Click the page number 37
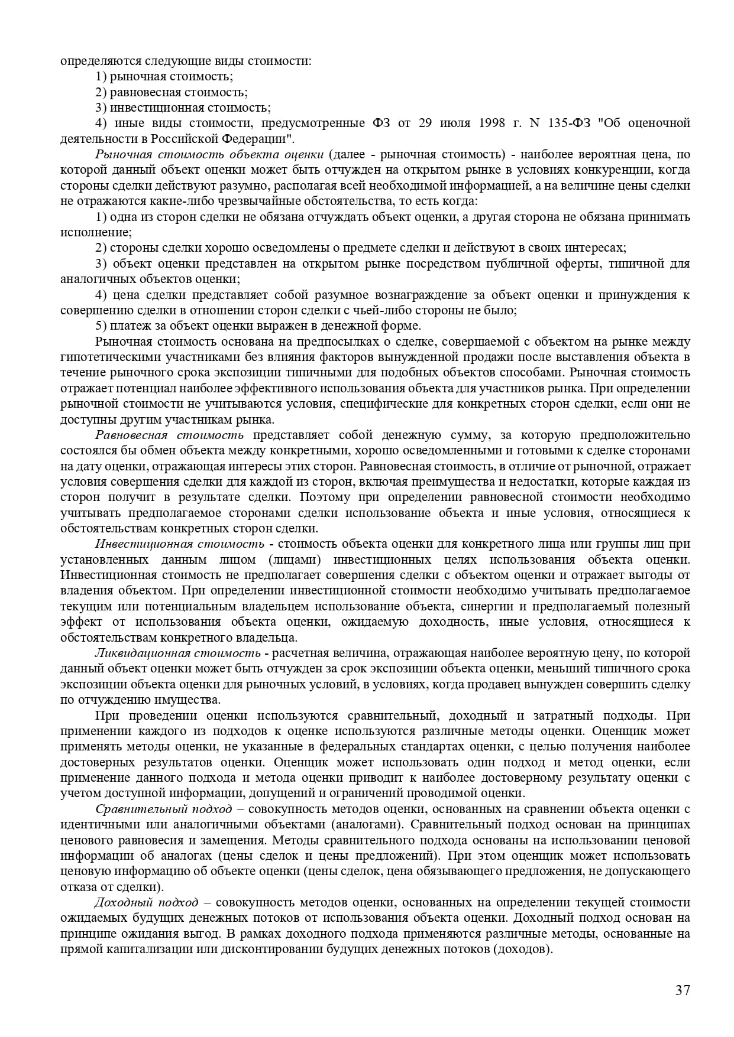pos(683,991)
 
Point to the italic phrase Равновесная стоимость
pos(169,435)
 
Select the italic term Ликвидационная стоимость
pos(177,654)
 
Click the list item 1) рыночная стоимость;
pos(164,77)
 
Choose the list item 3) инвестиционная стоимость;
pos(183,108)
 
